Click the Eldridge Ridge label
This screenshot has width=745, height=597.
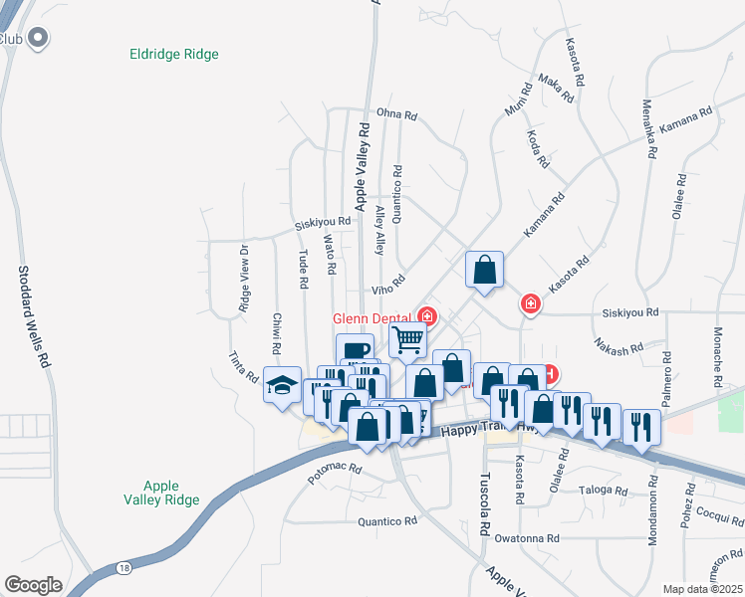point(174,55)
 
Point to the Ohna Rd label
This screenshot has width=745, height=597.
point(395,115)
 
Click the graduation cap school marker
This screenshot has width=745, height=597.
point(282,385)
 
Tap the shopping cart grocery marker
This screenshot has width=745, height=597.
point(407,339)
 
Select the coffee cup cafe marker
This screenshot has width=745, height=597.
point(356,350)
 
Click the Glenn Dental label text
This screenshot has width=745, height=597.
point(374,317)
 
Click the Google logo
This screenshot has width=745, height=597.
point(33,584)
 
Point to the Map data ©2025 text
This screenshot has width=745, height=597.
point(701,589)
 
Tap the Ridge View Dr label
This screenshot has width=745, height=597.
point(243,280)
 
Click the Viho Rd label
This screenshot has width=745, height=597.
point(388,287)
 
